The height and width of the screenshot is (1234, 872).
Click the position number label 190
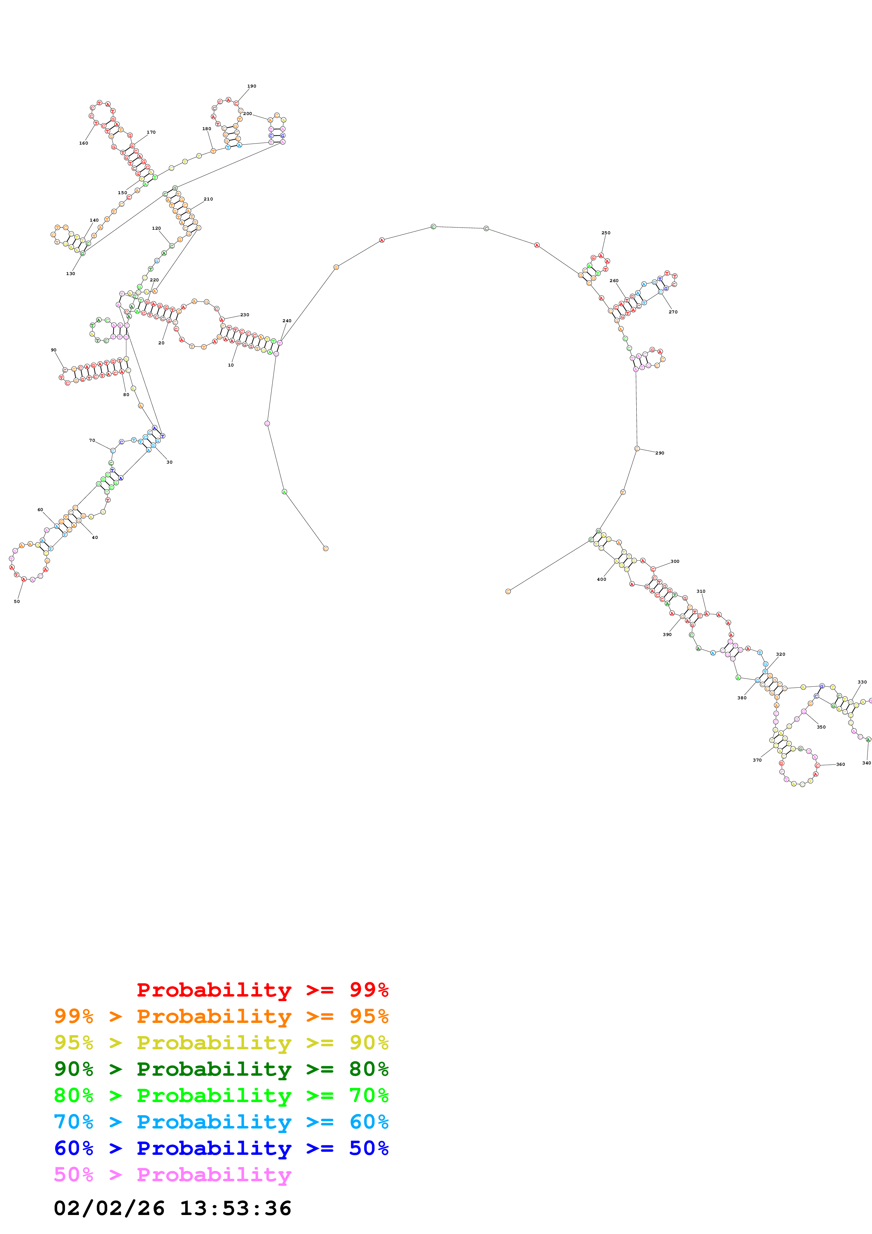click(x=252, y=86)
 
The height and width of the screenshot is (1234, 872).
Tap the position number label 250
click(x=605, y=233)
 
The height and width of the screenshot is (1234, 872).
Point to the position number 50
click(x=17, y=602)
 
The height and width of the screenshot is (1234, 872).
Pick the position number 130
click(x=70, y=274)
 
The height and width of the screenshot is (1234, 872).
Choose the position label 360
click(x=840, y=764)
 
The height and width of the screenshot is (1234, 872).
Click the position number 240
click(x=287, y=321)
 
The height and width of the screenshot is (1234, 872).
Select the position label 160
click(x=83, y=143)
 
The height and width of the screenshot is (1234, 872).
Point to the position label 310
click(x=701, y=591)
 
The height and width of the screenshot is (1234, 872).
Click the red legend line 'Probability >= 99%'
click(x=262, y=990)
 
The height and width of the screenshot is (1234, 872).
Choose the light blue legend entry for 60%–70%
click(x=221, y=1122)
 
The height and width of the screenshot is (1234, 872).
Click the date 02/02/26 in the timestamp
click(x=109, y=1208)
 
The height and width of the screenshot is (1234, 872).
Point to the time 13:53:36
click(x=235, y=1208)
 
